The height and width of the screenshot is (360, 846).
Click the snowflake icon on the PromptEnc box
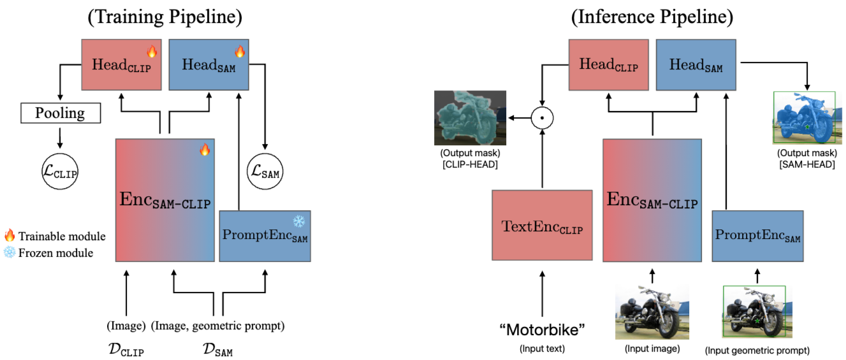coord(299,222)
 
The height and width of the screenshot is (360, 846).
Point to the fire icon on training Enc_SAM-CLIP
coord(204,150)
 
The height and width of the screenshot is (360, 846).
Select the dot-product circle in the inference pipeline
coord(541,117)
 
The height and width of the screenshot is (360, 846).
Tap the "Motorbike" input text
coord(542,330)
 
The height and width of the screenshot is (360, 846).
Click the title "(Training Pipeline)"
coord(165,17)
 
